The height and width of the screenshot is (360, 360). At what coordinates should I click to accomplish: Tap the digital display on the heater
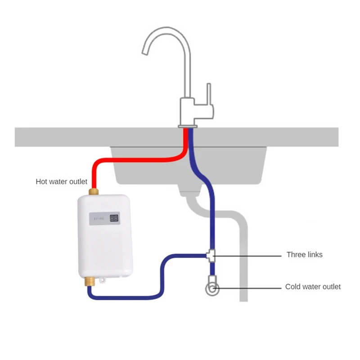click(x=115, y=218)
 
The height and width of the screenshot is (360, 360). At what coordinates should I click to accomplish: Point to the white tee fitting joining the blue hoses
click(x=211, y=255)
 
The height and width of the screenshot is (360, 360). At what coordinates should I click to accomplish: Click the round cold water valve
click(x=211, y=288)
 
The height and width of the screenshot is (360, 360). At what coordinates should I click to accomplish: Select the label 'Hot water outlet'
click(x=62, y=182)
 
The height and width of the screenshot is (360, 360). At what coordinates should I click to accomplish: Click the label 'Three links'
click(x=304, y=255)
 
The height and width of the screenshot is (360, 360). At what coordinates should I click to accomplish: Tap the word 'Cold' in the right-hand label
click(x=293, y=287)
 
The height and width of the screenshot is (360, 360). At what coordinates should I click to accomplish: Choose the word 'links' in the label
click(x=313, y=255)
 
